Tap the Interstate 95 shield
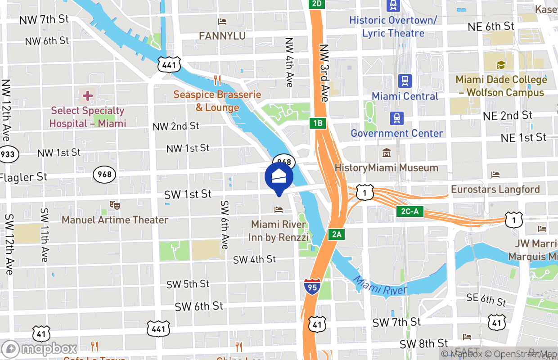(312, 287)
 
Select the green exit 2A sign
(337, 234)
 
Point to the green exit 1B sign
(318, 123)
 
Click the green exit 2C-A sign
(410, 211)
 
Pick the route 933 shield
(7, 154)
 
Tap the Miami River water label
(380, 286)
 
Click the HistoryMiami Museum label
(386, 168)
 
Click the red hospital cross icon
(87, 95)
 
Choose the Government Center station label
(396, 133)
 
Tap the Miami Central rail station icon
(405, 81)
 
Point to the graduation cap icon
(501, 65)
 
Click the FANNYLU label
(222, 36)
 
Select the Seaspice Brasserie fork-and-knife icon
(217, 81)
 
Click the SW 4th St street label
(254, 260)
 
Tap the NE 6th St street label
(490, 27)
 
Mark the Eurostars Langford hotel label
(495, 189)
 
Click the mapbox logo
(40, 349)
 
